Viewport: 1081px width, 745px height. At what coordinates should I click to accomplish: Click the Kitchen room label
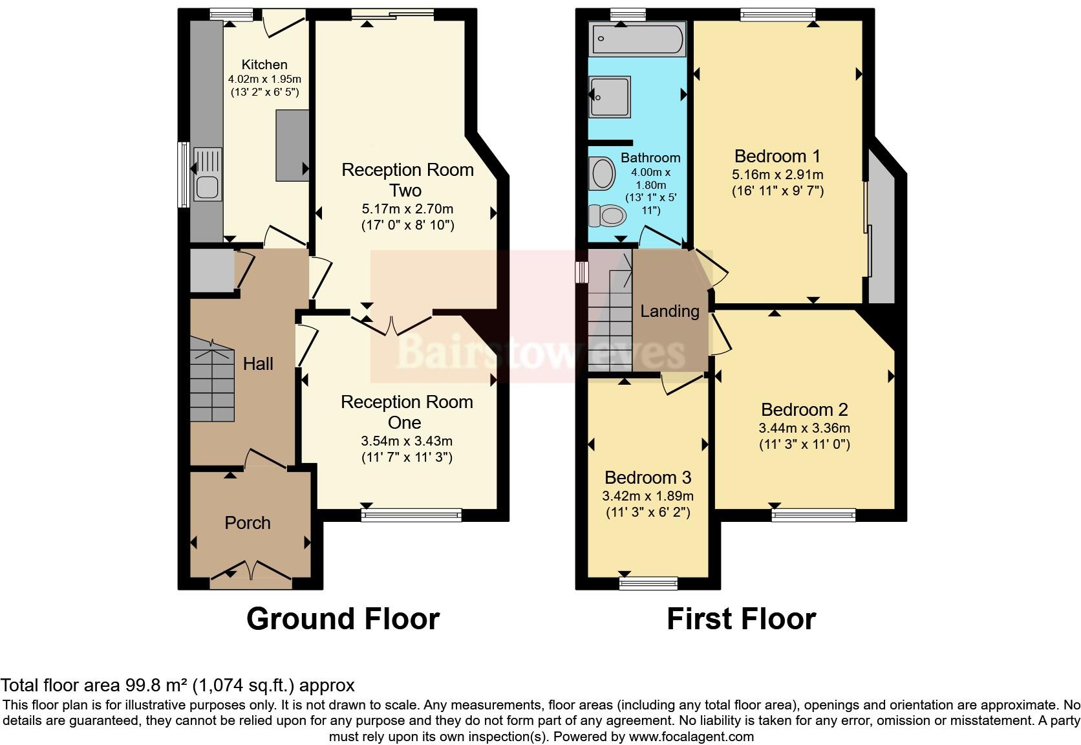(x=264, y=65)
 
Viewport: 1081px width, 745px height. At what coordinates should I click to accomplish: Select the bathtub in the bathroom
(x=637, y=39)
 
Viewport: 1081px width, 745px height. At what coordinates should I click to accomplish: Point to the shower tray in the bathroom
(x=610, y=97)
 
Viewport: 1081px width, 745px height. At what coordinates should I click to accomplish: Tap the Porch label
(x=248, y=523)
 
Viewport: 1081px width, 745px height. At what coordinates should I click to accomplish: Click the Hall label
(x=258, y=364)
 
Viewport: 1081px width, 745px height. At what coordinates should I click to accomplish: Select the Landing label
(x=670, y=311)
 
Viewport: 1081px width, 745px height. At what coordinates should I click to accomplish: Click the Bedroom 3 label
(x=648, y=477)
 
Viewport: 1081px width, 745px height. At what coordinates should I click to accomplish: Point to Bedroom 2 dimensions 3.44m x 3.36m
(x=804, y=428)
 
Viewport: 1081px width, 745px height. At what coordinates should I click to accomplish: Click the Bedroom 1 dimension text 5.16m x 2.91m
(x=778, y=175)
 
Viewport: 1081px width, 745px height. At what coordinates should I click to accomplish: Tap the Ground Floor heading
(x=343, y=619)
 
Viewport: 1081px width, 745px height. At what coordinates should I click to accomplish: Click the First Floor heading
(x=741, y=619)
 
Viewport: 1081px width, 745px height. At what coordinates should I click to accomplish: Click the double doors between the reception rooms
(x=392, y=324)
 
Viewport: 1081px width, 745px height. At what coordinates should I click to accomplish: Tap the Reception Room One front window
(x=412, y=515)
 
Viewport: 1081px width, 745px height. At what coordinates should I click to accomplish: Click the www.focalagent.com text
(x=691, y=736)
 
